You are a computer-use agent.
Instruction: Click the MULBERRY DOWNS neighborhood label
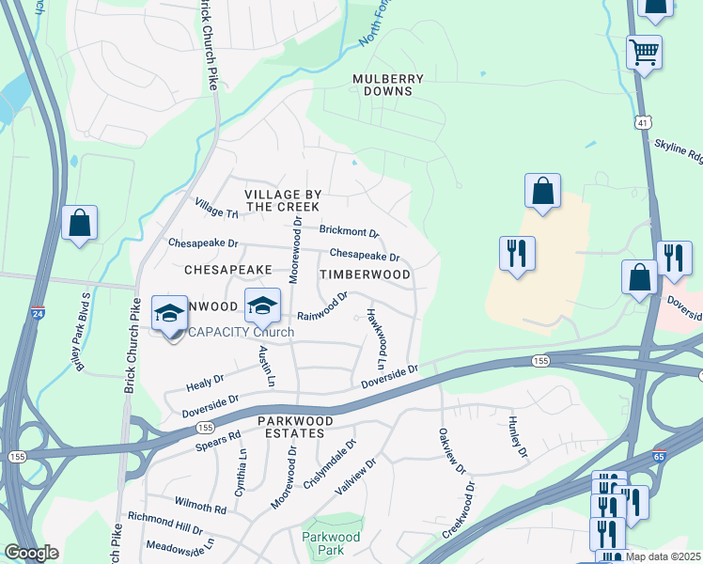point(382,85)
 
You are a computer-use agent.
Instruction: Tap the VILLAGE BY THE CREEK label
point(283,199)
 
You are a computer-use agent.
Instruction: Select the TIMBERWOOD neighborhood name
point(365,274)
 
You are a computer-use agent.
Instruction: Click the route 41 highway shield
point(642,122)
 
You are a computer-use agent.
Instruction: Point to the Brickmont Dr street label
point(349,231)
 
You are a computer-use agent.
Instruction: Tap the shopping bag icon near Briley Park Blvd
point(80,224)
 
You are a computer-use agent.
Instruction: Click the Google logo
point(32,553)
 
